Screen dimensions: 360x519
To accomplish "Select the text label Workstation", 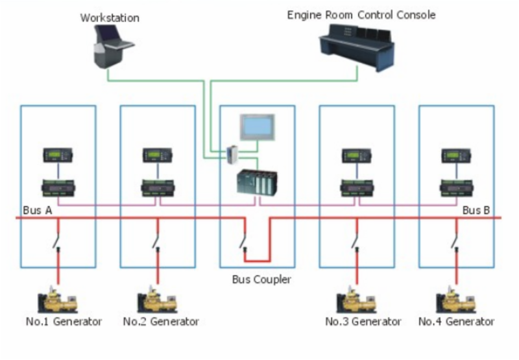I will (x=110, y=18).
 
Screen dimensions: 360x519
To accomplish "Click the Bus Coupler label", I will (x=261, y=280).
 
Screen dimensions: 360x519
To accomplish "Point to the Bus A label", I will (x=37, y=211).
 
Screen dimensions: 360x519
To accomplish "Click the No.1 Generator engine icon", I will (x=58, y=302).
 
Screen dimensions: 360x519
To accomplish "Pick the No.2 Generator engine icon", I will (x=158, y=302).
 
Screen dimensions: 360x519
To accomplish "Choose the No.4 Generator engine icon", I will (x=456, y=302).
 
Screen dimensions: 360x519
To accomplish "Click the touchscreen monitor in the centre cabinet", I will (x=258, y=127).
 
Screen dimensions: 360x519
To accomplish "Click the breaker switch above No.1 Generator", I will (x=58, y=241).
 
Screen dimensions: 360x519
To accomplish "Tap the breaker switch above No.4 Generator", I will (x=455, y=241).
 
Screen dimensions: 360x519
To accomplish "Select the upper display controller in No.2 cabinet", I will (x=158, y=156).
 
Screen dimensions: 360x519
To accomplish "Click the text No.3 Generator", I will (x=363, y=322).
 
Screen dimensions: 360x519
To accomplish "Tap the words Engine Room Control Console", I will (x=361, y=14).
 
